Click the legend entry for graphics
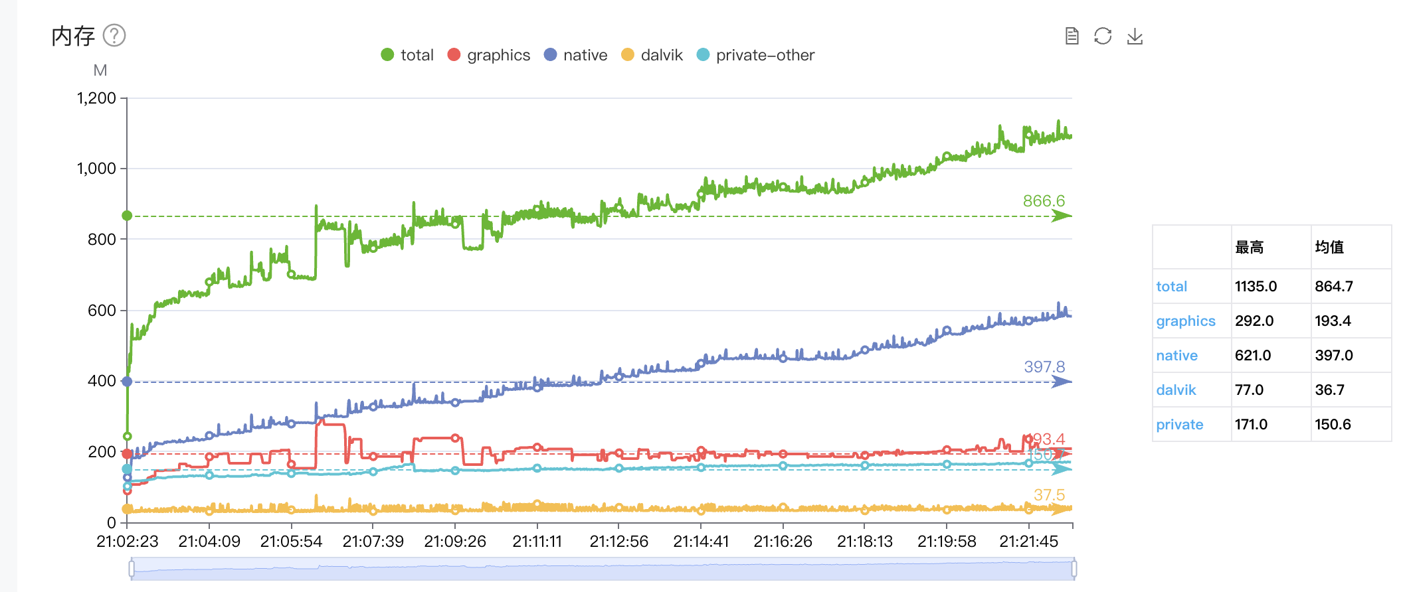point(489,55)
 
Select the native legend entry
point(575,55)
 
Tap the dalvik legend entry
point(652,55)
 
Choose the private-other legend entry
point(755,55)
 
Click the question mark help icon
point(114,35)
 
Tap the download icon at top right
point(1135,36)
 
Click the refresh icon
point(1103,36)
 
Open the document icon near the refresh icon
point(1072,36)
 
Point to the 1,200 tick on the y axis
point(96,98)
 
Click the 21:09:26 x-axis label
point(455,542)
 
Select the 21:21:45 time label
point(1028,542)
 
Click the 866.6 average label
point(1044,201)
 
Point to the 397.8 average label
point(1044,367)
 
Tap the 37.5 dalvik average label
point(1049,495)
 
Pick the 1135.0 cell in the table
point(1256,287)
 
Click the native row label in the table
point(1176,356)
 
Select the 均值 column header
point(1329,248)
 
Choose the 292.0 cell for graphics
point(1254,321)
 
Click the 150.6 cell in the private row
point(1333,425)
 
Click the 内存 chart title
point(73,36)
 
